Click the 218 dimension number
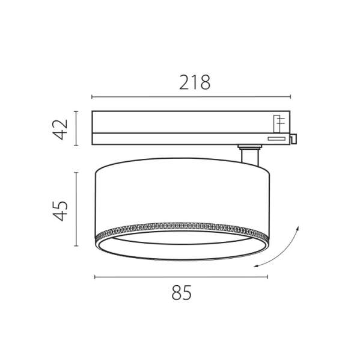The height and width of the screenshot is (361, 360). [194, 82]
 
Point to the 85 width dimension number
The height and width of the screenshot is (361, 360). [180, 294]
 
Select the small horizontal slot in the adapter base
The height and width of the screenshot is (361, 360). [276, 138]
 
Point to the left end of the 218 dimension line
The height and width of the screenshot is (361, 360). [92, 97]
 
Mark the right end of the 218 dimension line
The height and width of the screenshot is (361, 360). [291, 97]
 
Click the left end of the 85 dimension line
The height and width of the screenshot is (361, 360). [95, 277]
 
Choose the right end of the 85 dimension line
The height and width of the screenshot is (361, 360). [267, 277]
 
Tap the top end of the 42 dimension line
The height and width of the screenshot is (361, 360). [76, 111]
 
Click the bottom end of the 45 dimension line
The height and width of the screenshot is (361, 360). [76, 245]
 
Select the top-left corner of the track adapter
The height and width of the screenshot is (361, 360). [93, 112]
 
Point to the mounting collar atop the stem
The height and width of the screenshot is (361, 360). [249, 146]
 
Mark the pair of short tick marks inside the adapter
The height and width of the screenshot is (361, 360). [280, 124]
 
